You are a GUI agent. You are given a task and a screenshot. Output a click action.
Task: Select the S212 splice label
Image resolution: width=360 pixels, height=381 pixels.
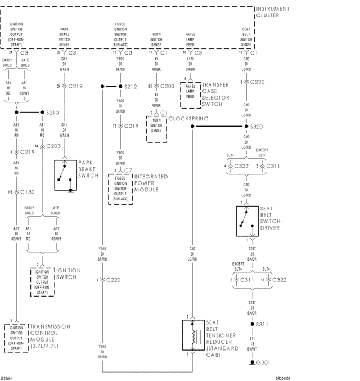coord(130,87)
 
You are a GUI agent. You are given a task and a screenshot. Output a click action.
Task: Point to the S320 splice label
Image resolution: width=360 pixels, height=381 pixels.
coord(256,127)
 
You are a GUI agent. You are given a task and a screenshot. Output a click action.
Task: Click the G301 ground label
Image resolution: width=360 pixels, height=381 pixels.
coord(263,362)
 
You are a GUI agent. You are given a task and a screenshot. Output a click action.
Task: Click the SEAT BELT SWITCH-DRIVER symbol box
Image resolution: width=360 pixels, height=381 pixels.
coord(246,221)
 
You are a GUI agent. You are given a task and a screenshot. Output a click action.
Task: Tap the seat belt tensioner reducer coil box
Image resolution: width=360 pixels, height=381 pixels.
coord(192,337)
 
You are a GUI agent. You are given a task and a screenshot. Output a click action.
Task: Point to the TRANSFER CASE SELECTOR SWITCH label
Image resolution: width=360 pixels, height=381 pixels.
coord(215,94)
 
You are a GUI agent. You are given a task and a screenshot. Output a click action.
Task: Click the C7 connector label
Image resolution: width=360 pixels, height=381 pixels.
coord(127,169)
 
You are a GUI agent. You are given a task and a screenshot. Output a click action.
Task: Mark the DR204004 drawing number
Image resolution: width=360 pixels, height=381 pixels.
coord(287,378)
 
